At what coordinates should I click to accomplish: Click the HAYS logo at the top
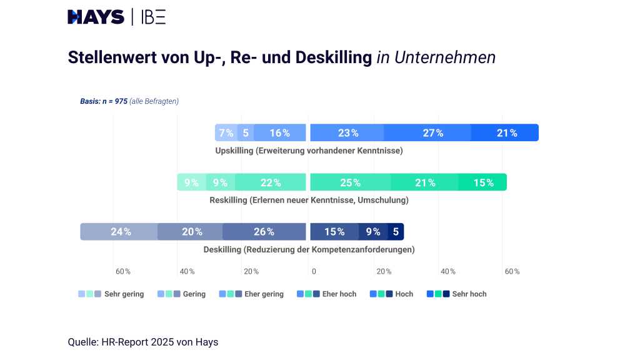(96, 17)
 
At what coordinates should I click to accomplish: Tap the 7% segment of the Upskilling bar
(226, 132)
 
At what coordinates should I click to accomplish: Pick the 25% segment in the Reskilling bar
(351, 182)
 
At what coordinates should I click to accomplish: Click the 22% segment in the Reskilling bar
(271, 182)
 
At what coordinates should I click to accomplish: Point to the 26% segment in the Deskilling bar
(264, 231)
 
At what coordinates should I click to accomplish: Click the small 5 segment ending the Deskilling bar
(396, 231)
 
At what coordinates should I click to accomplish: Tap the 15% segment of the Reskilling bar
(482, 182)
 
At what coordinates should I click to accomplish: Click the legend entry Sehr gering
(111, 294)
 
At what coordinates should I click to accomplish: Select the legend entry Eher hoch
(326, 294)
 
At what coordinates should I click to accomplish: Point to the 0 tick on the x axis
(314, 271)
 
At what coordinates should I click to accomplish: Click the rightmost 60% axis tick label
(512, 271)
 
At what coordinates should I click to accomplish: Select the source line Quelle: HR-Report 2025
(142, 342)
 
